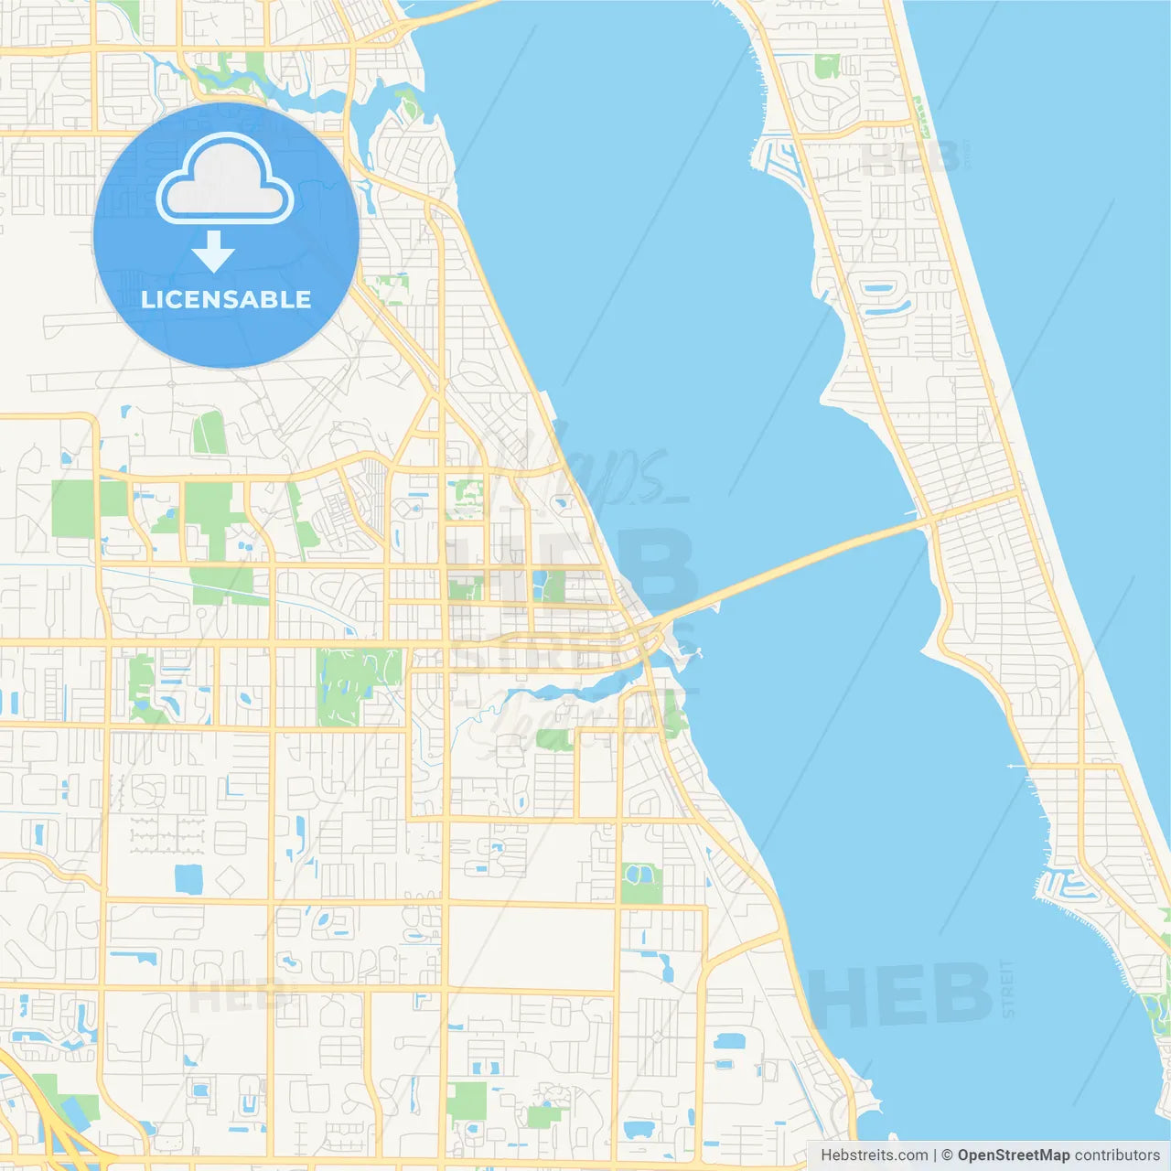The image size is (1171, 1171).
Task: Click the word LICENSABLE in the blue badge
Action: tap(226, 299)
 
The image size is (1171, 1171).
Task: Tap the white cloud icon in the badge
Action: tap(225, 180)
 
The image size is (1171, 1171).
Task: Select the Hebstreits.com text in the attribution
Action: tap(874, 1155)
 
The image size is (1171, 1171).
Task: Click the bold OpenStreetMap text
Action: tap(1014, 1155)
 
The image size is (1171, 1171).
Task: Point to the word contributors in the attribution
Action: tap(1116, 1155)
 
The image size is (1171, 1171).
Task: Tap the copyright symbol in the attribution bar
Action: tap(948, 1155)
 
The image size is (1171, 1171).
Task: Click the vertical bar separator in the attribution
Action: tap(935, 1155)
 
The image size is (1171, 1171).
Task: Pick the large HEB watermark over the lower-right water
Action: tap(901, 995)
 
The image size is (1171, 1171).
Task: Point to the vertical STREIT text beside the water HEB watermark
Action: tap(1008, 988)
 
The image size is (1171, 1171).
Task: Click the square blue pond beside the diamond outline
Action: tap(188, 879)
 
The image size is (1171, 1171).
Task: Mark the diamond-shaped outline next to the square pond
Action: tap(230, 881)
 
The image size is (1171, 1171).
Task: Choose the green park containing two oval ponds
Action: tap(640, 883)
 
